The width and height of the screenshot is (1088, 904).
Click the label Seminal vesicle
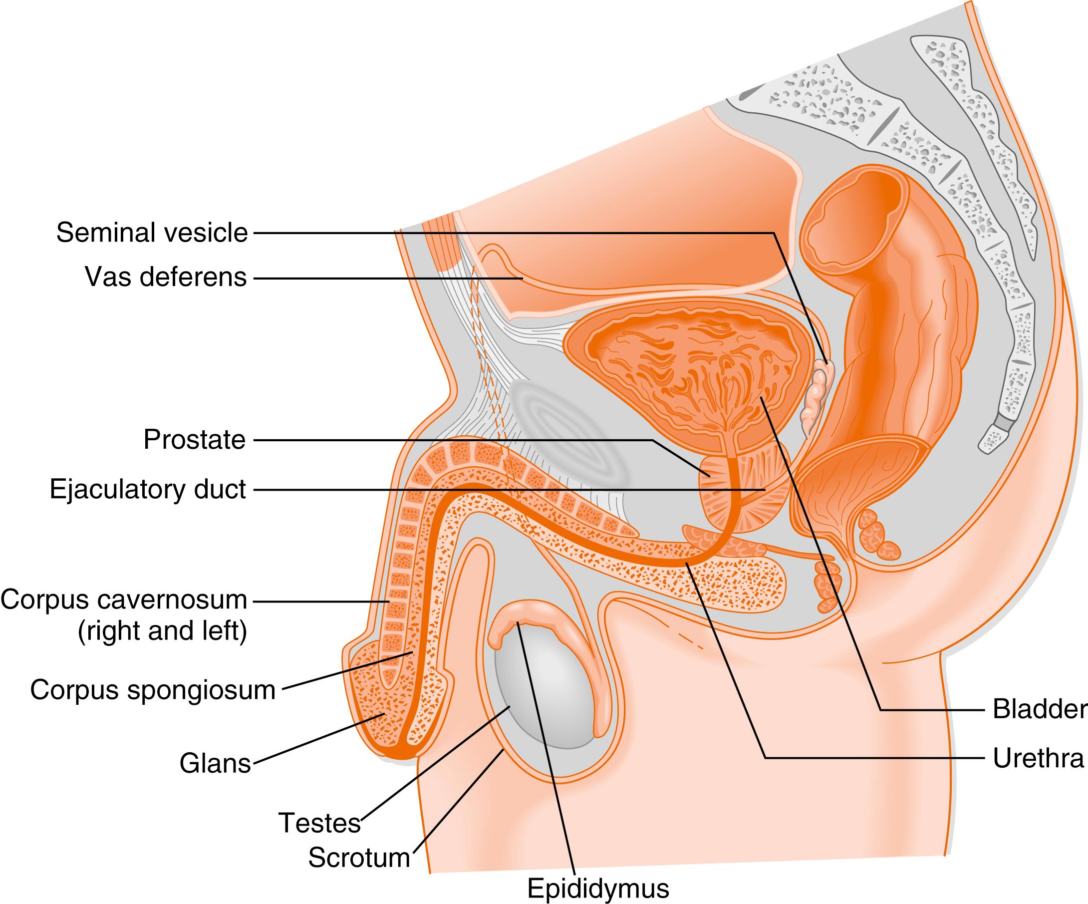tap(152, 233)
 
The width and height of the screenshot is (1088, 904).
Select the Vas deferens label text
tap(166, 278)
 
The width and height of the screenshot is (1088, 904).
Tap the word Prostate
tap(194, 440)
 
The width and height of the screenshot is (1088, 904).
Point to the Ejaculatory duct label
tap(148, 490)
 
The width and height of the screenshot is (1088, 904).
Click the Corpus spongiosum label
tap(153, 690)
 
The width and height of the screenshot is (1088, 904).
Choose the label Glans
tap(215, 763)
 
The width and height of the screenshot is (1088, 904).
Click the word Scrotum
tap(359, 858)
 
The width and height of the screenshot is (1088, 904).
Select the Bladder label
tap(1039, 709)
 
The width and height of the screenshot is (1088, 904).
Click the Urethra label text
tap(1038, 758)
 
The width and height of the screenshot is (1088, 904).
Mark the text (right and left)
tap(162, 631)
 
